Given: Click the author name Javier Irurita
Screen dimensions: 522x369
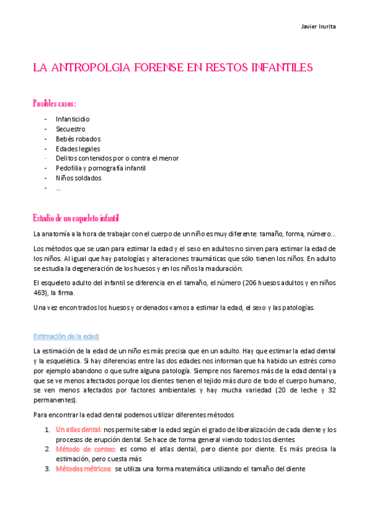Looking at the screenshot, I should pyautogui.click(x=318, y=26).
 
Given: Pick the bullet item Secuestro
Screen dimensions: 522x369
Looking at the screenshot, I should pyautogui.click(x=70, y=129).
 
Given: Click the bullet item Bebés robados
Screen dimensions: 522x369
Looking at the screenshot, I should pyautogui.click(x=78, y=139).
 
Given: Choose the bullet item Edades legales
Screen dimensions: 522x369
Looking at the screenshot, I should pyautogui.click(x=78, y=149).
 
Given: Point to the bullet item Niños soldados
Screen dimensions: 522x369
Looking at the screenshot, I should pyautogui.click(x=78, y=179).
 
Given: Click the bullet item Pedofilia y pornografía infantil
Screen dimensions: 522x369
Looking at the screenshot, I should pyautogui.click(x=103, y=169).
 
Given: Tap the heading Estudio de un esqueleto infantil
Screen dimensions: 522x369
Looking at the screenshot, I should pyautogui.click(x=75, y=219).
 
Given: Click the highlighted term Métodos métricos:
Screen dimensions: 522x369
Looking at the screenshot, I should pyautogui.click(x=83, y=469).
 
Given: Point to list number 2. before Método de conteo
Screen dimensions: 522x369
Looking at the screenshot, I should pyautogui.click(x=47, y=449).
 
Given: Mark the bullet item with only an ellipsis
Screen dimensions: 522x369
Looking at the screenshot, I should pyautogui.click(x=58, y=188).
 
